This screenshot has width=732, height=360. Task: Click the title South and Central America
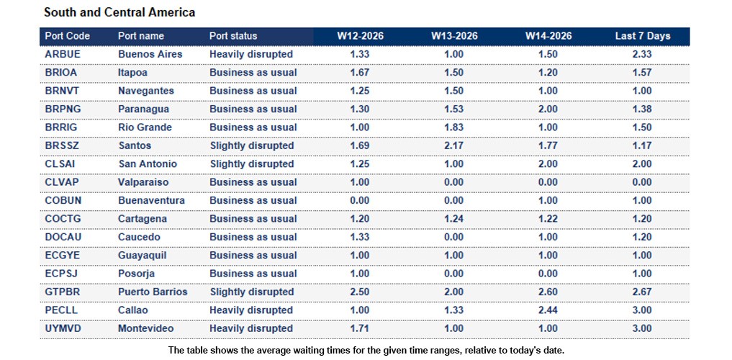click(x=119, y=13)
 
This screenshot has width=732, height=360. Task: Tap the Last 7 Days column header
click(x=642, y=36)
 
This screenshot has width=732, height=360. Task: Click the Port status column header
click(x=232, y=36)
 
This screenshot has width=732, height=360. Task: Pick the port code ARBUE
click(x=62, y=54)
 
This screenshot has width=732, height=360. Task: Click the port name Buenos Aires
click(x=150, y=54)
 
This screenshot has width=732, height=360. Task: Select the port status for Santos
click(x=251, y=145)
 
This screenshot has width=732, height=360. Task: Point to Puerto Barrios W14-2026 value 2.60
click(x=548, y=292)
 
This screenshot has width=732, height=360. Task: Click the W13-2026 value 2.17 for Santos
click(x=453, y=145)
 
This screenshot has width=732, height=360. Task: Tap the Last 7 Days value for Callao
click(x=642, y=310)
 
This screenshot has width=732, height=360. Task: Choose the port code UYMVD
click(x=63, y=328)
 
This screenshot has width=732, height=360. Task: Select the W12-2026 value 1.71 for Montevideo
click(x=360, y=328)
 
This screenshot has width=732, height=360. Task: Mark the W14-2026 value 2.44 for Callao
click(x=548, y=310)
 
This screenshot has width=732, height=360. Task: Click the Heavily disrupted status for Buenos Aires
click(x=251, y=54)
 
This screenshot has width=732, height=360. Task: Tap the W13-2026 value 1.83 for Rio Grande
click(x=453, y=127)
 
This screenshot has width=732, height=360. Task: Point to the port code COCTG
click(x=63, y=219)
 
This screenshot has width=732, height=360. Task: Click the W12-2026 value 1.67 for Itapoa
click(x=360, y=73)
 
